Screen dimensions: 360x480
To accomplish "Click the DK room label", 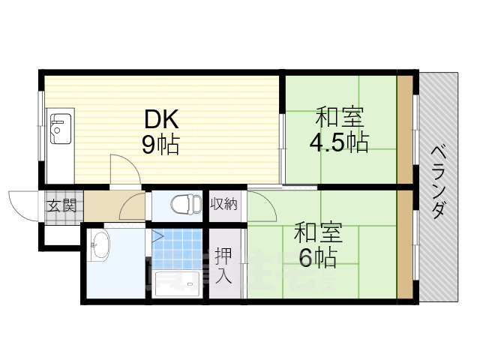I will pos(160,119).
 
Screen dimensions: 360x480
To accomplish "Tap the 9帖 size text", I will pos(160,145).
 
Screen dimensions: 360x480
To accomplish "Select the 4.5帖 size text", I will pos(340,142).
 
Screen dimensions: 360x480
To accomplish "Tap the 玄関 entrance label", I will pos(61,205).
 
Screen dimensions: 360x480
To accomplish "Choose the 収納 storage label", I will pos(223,202).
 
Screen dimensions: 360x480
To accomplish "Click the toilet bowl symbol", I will pos(183,204).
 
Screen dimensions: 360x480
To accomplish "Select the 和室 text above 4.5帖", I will pos(340,118).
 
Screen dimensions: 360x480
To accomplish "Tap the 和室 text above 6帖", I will pos(318,232).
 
